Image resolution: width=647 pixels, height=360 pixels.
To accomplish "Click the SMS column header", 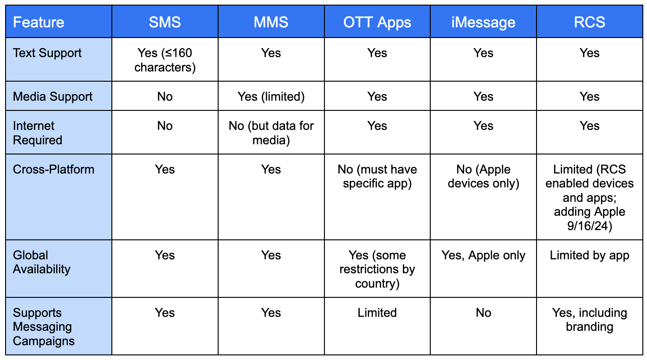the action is coord(165,22).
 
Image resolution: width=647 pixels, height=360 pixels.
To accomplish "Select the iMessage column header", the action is coord(483,22).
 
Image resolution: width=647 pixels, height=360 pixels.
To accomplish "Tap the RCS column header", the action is coord(589,22).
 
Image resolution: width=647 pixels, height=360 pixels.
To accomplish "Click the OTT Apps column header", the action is coord(377,23).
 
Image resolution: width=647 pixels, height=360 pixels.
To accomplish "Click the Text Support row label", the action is coord(47,53).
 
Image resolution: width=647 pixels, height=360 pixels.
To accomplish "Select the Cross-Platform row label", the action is coord(53,169).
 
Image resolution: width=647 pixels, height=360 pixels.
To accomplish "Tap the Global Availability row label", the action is coord(42,262).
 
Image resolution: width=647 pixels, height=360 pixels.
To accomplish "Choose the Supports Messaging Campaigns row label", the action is coord(44,327).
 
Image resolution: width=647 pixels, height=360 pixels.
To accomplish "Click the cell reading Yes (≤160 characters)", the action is coord(165,60).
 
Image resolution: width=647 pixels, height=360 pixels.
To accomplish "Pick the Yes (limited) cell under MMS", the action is coord(271,96).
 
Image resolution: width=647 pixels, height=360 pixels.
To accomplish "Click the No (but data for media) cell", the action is coord(271,133).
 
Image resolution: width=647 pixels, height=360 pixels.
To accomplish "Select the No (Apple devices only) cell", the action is coord(483,176).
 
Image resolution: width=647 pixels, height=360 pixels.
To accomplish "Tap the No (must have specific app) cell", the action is coord(377,176).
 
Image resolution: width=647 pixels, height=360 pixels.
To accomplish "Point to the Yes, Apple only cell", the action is coord(483,256).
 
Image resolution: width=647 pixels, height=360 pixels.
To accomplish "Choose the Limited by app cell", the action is coord(589,256).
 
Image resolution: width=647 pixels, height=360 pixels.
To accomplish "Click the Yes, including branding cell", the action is coord(589,320).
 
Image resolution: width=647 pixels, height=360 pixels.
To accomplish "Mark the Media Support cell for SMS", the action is coord(165,96).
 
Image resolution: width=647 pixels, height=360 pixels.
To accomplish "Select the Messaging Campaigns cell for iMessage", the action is coord(483,313).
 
